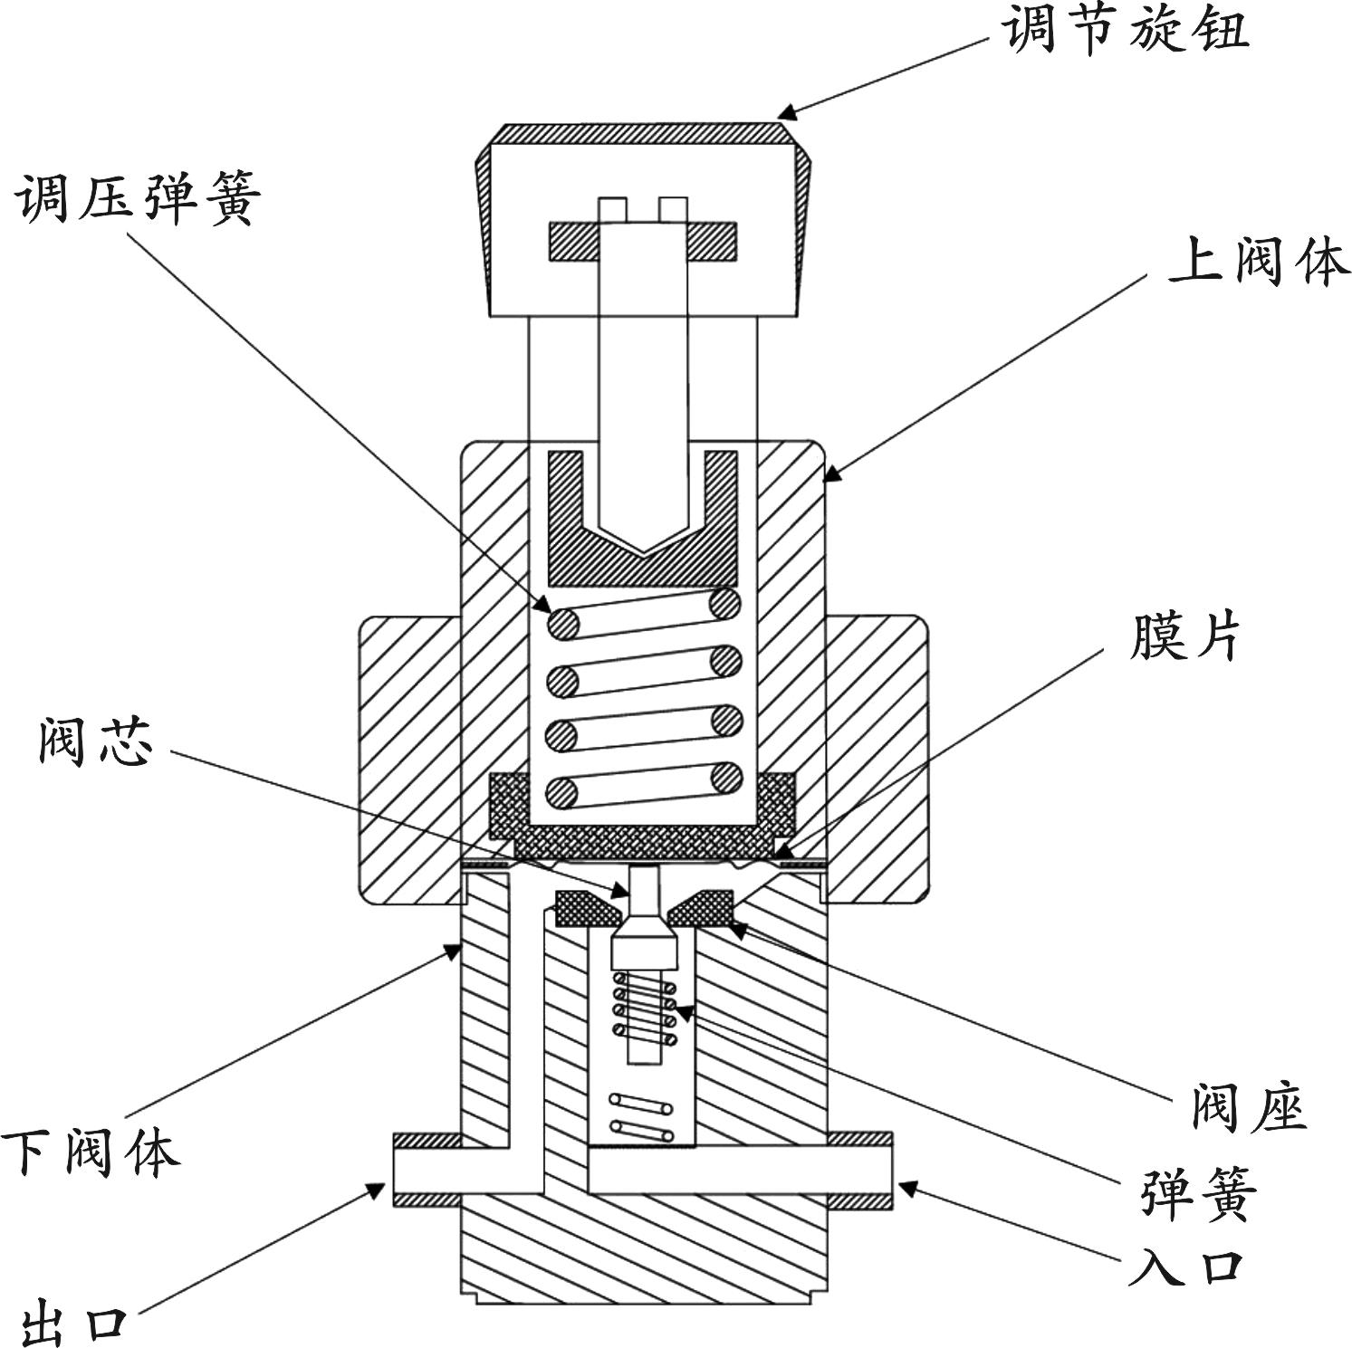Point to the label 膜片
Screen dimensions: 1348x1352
[x=1184, y=637]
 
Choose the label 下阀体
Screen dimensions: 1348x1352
[x=91, y=1152]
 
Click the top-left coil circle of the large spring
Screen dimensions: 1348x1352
[x=563, y=623]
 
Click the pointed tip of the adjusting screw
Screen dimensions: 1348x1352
[x=645, y=550]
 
